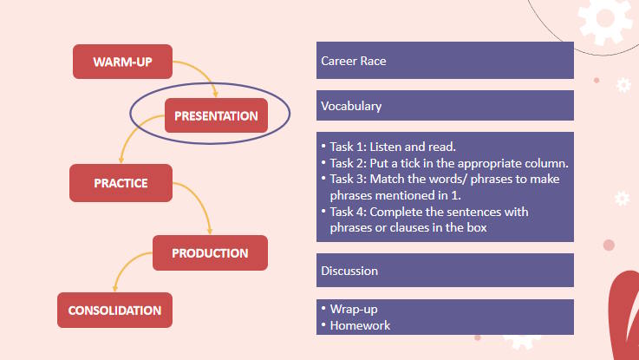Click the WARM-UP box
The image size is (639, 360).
tap(121, 62)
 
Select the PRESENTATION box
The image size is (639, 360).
tap(216, 115)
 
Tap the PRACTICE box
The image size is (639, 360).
tap(121, 183)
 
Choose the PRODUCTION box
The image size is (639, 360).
tap(210, 253)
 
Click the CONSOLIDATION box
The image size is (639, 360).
tap(114, 311)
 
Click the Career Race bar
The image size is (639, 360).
tap(445, 61)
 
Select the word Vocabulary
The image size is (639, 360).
tap(351, 106)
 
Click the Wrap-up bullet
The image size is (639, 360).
tap(354, 309)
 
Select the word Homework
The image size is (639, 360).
tap(360, 325)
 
